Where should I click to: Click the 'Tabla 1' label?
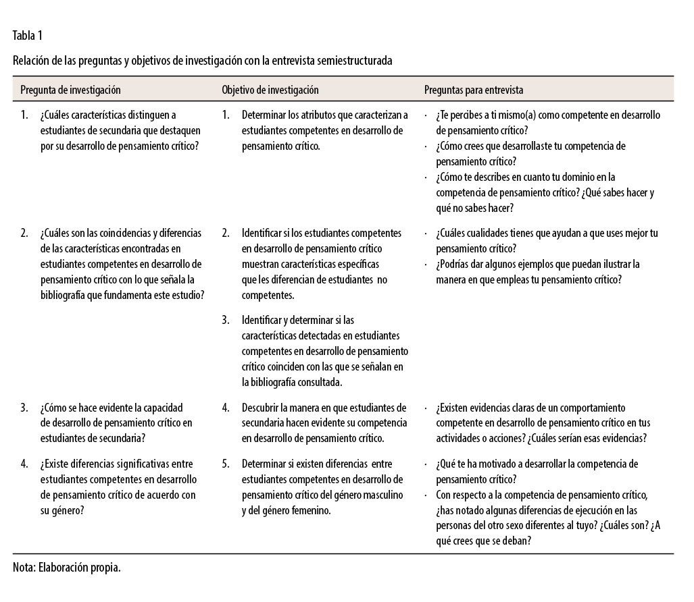pos(28,35)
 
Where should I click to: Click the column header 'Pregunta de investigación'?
pos(70,89)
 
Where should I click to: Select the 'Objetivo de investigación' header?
pos(270,89)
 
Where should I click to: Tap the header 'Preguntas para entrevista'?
pos(474,89)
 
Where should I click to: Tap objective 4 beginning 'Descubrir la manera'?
pos(324,422)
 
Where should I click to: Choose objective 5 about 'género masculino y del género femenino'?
pos(324,488)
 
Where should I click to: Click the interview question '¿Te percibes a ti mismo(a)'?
pos(547,121)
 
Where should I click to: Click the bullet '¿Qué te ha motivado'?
pos(537,472)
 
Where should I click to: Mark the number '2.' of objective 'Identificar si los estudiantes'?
pos(226,234)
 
